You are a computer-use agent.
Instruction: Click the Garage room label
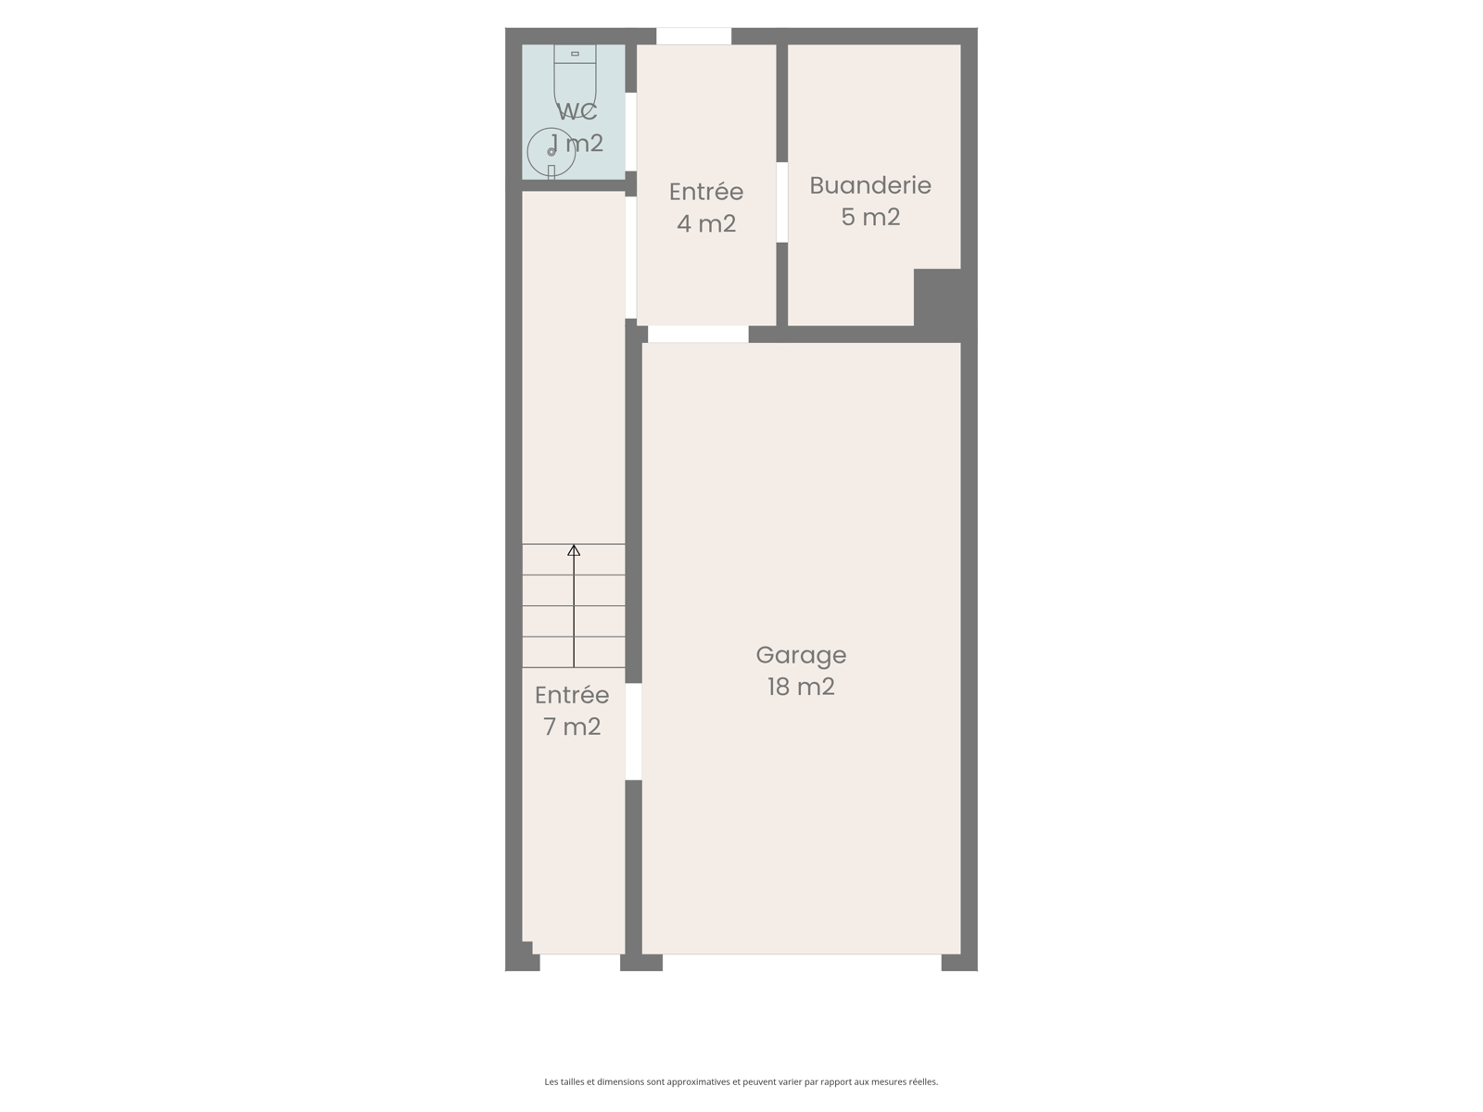[801, 655]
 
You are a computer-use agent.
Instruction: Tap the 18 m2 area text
[801, 687]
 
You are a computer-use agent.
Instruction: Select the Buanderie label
[870, 185]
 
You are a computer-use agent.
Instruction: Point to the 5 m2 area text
[870, 217]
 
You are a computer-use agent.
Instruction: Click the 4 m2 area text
[706, 223]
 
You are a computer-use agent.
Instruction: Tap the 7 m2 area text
[572, 727]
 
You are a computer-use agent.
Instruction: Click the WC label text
[577, 111]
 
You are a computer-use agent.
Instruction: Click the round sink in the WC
[551, 152]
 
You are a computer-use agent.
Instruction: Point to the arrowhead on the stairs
[574, 550]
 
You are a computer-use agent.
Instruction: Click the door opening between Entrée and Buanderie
[781, 202]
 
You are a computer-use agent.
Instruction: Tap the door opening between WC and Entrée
[630, 132]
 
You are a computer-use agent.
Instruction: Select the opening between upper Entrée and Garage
[698, 335]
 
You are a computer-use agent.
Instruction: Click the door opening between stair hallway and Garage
[633, 732]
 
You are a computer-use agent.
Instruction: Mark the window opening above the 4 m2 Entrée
[694, 36]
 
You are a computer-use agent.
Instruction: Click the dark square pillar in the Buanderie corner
[938, 297]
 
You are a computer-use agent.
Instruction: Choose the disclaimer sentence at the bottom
[741, 1081]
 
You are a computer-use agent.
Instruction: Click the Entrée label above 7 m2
[572, 695]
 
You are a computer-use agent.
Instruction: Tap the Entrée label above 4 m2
[706, 192]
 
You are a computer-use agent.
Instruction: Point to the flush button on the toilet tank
[575, 54]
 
